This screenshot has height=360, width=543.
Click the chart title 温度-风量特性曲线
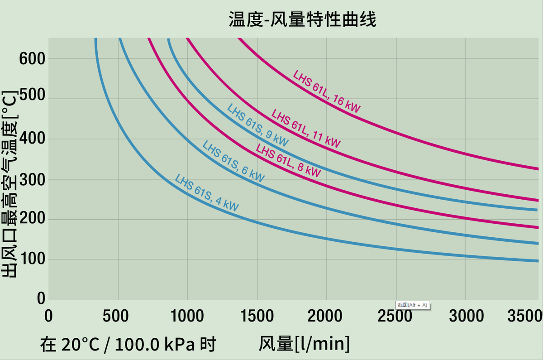pos(302,19)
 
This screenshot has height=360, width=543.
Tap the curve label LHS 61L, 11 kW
pos(306,129)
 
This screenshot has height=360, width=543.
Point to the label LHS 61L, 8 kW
pos(288,161)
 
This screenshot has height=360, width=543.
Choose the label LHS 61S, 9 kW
pos(257,125)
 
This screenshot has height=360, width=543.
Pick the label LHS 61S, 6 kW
pos(233,162)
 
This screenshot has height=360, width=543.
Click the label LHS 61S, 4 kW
pos(206,192)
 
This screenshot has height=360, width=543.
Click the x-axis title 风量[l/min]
pos(304,345)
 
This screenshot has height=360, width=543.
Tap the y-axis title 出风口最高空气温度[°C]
pos(10,183)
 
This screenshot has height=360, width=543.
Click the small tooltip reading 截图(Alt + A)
pos(412,305)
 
